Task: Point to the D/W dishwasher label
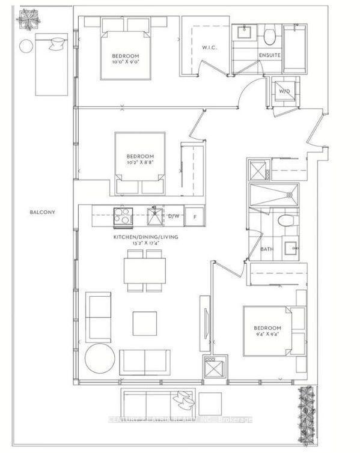tap(174, 216)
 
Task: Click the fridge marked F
tap(195, 216)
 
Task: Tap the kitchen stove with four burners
tap(123, 216)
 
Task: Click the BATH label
tap(267, 249)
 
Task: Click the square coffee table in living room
tap(145, 323)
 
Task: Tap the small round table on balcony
tap(26, 46)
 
